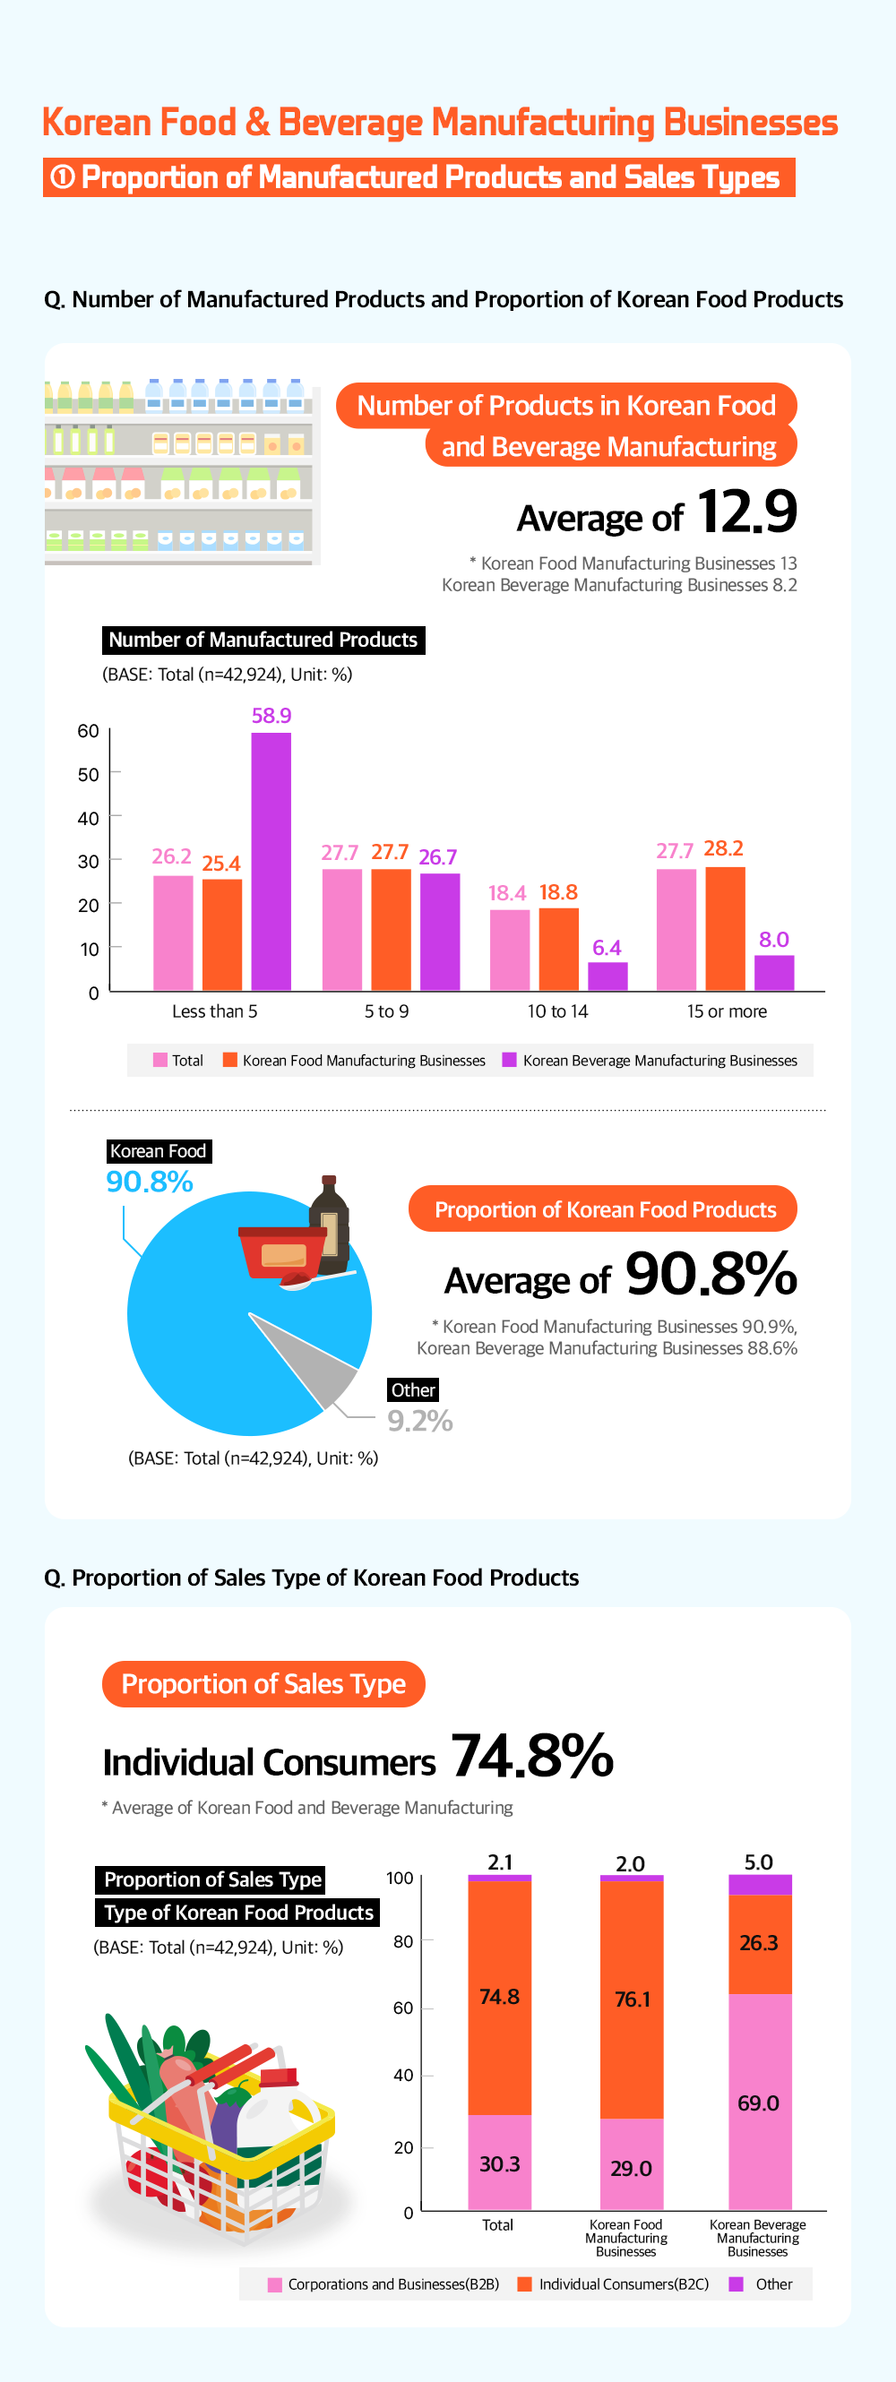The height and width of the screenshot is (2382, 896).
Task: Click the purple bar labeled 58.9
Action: pos(271,861)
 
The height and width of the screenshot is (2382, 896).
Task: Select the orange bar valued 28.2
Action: pos(725,928)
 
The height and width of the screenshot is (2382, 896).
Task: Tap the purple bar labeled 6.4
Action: pos(607,976)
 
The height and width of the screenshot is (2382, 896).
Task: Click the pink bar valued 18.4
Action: pos(510,950)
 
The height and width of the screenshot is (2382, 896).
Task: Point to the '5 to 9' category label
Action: pos(386,1011)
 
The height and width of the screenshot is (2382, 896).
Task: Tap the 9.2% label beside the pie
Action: pos(420,1420)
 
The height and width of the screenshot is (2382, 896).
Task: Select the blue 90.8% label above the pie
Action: pos(150,1182)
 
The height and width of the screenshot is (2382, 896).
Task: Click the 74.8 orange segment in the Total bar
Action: pos(499,1998)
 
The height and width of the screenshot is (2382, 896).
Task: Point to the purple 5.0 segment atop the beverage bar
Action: pos(759,1885)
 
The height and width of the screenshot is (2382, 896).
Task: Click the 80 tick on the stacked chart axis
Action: pos(403,1942)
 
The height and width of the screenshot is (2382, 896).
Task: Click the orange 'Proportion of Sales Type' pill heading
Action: pos(263,1684)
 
